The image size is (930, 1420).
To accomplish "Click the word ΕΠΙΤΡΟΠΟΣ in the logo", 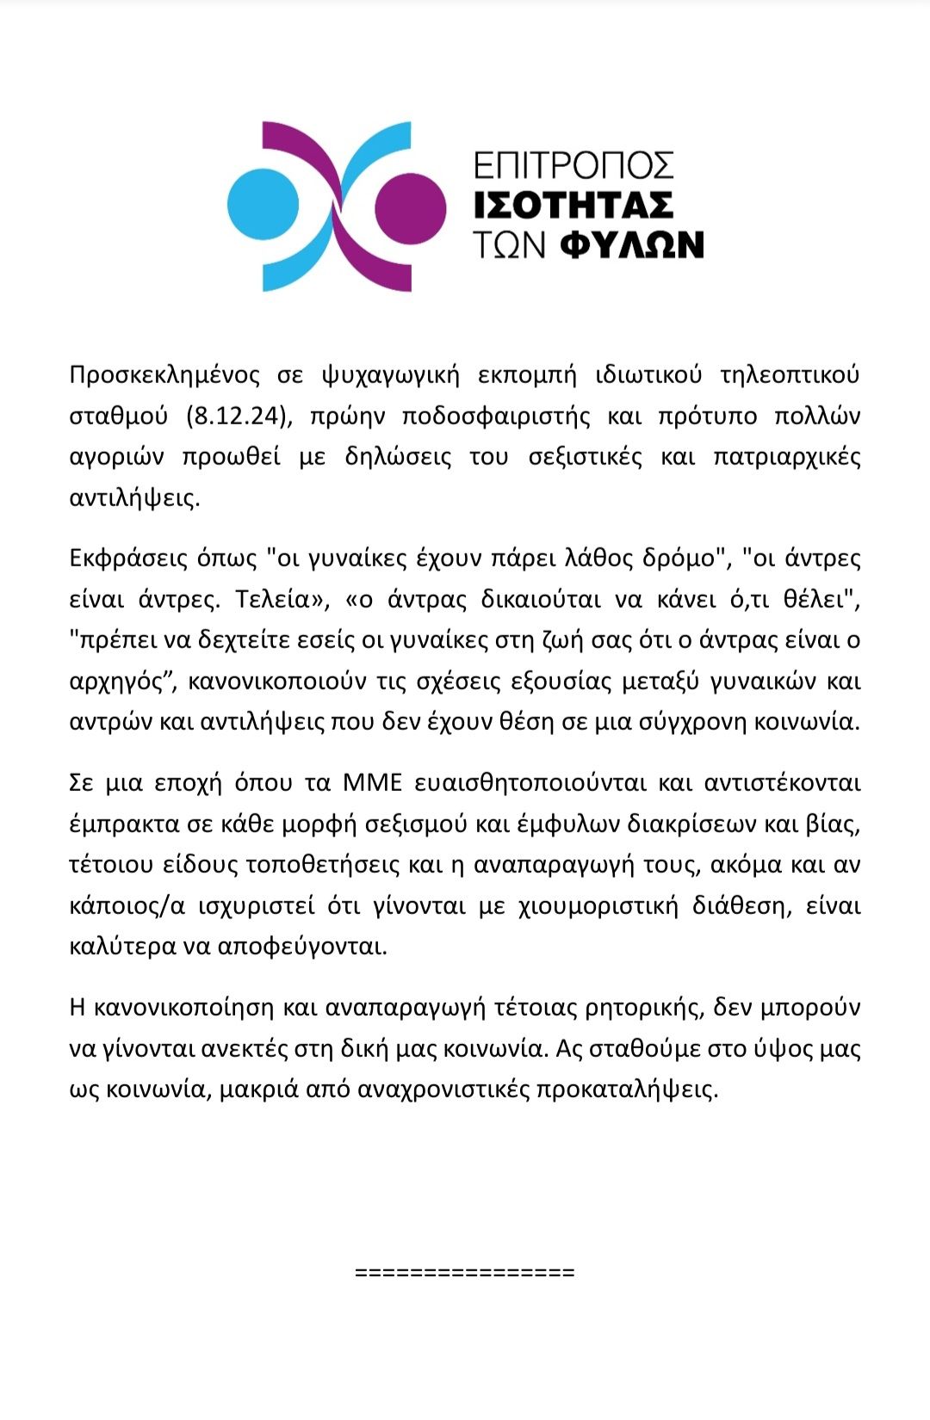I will [573, 165].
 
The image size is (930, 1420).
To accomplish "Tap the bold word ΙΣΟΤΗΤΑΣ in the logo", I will [573, 206].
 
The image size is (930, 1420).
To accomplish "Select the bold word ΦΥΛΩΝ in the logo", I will [632, 245].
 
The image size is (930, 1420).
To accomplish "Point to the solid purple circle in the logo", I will [411, 207].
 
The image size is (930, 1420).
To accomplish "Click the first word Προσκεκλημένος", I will [164, 375].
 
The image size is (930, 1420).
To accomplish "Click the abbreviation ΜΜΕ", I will [372, 783].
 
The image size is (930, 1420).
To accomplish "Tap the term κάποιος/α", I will [127, 905].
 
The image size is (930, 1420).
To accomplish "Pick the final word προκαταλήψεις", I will [627, 1090].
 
